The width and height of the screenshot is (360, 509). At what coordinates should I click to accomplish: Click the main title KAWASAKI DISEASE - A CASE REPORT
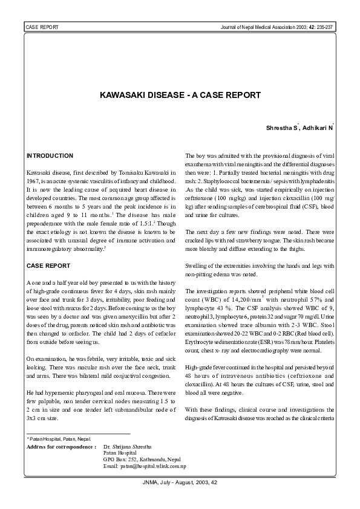[180, 96]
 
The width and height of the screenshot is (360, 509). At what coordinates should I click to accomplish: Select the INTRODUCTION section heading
[50, 156]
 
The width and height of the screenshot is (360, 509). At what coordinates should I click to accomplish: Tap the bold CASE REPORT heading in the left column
[48, 266]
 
